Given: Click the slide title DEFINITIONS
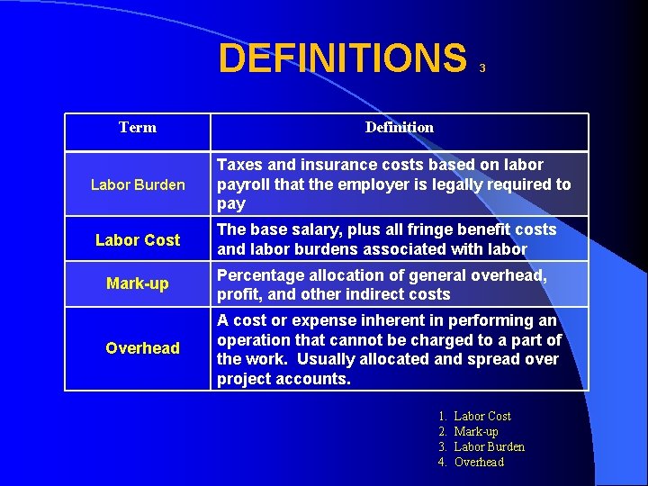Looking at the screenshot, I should click(343, 58).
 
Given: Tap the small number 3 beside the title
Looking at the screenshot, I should click(482, 68).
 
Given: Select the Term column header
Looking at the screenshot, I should click(138, 128).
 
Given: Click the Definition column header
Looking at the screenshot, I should click(399, 128).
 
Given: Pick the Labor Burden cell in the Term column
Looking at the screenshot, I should click(138, 185).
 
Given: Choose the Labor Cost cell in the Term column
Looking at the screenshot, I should click(138, 240).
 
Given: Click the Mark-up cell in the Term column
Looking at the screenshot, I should click(138, 284).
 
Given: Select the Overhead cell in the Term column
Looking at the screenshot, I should click(142, 348).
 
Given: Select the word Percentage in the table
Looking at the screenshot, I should click(259, 275).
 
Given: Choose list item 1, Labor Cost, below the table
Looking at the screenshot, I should click(482, 416).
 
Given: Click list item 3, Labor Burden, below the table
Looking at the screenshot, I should click(490, 446).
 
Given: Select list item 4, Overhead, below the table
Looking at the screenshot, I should click(479, 462).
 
